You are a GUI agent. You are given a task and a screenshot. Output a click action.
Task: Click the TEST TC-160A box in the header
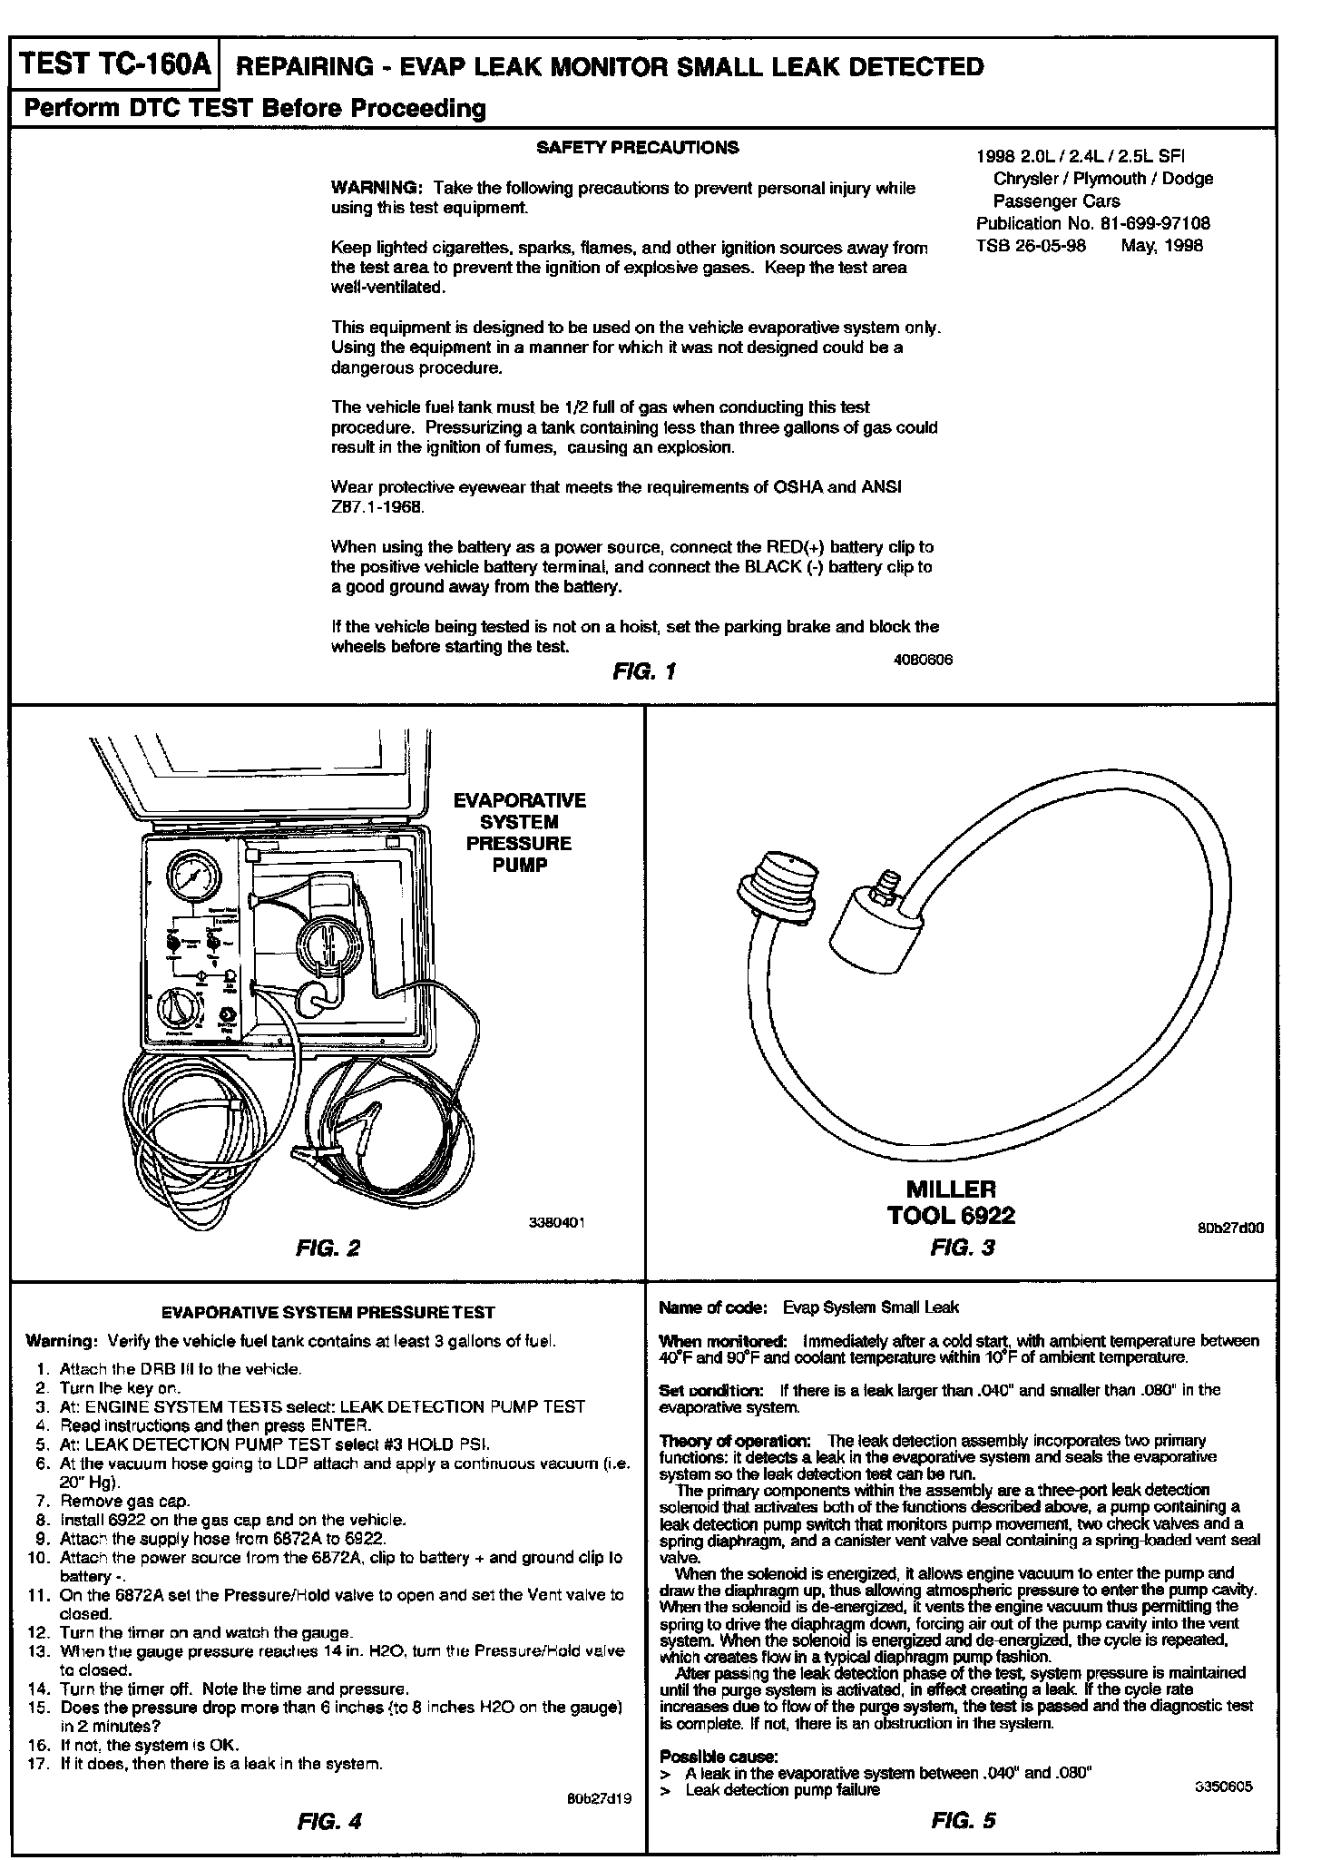click(x=115, y=65)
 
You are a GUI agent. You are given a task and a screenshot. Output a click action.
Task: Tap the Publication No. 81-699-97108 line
click(x=1092, y=223)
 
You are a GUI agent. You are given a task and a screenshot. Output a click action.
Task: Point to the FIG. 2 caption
click(x=328, y=1248)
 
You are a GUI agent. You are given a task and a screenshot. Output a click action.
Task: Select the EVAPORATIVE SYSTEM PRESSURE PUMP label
click(x=519, y=832)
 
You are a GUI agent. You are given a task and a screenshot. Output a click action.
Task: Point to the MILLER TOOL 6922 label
click(x=950, y=1201)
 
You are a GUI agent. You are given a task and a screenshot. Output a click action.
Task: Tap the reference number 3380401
click(x=556, y=1222)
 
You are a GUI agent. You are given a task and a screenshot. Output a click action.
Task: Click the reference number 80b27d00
click(x=1230, y=1229)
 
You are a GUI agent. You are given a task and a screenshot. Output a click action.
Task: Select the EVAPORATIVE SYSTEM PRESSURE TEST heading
click(x=328, y=1312)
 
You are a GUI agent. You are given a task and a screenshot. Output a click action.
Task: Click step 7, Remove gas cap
click(x=125, y=1502)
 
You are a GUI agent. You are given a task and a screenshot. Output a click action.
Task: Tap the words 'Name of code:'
click(x=713, y=1307)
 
